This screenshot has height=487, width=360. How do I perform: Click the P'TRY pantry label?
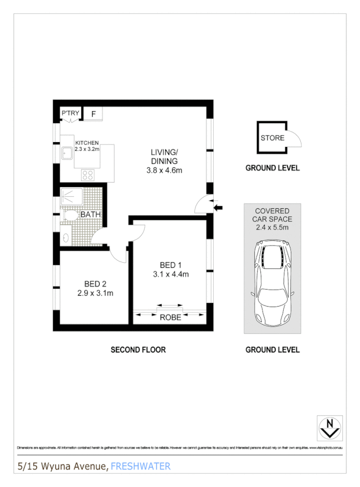[x=70, y=114]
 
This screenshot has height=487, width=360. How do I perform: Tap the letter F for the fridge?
[x=94, y=114]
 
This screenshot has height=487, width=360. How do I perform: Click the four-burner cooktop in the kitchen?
[x=88, y=175]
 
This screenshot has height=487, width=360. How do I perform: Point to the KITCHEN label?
[x=87, y=143]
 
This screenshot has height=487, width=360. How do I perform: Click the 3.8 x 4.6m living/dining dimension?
[x=164, y=171]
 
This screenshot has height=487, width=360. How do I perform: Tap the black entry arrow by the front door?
[x=219, y=207]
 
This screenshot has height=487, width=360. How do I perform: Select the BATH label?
[x=90, y=214]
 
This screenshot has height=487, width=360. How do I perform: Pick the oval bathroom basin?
[x=66, y=238]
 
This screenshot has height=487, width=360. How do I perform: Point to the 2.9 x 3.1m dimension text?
[x=95, y=293]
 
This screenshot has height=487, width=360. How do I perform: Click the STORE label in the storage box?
[x=272, y=138]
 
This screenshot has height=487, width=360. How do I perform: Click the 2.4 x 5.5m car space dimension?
[x=272, y=226]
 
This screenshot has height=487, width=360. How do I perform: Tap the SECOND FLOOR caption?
[x=138, y=350]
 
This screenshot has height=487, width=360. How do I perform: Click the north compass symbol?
[x=329, y=427]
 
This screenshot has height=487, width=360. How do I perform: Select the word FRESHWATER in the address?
[x=140, y=467]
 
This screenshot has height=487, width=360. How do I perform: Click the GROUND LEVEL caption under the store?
[x=272, y=168]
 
